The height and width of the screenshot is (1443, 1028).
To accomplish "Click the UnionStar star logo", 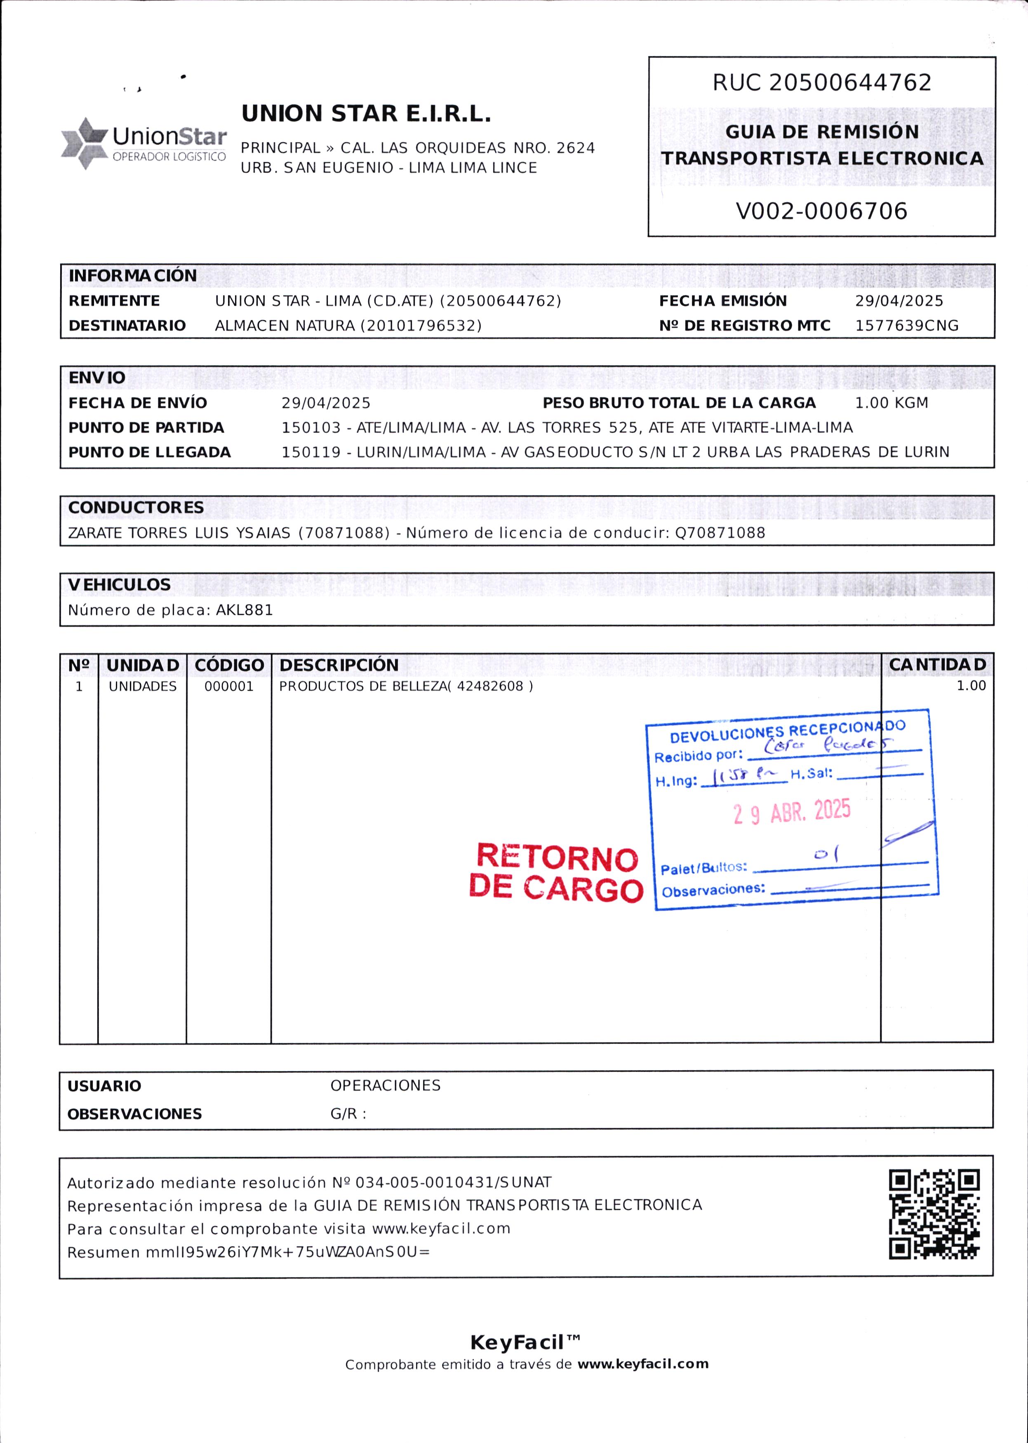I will coord(84,143).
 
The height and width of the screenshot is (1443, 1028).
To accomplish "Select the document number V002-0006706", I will coord(821,211).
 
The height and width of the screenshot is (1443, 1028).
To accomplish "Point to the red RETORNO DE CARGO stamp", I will coord(556,873).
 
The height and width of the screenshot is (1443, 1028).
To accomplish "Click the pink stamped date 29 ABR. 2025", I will coord(792,811).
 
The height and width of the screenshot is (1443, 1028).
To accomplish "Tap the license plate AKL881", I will coord(245,610).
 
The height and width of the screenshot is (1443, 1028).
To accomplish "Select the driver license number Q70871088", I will coord(720,533).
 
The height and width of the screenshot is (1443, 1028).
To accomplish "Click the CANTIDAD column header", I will coord(937,665).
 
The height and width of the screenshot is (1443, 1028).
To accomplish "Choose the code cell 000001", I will coord(228,687).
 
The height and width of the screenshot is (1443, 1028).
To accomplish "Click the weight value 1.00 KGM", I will coord(891,403).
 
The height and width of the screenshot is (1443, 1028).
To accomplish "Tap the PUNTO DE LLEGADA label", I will coord(149,453).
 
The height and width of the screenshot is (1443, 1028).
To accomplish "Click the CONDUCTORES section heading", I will coord(136,508).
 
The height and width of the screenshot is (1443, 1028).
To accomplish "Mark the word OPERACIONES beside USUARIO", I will coord(385,1086).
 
